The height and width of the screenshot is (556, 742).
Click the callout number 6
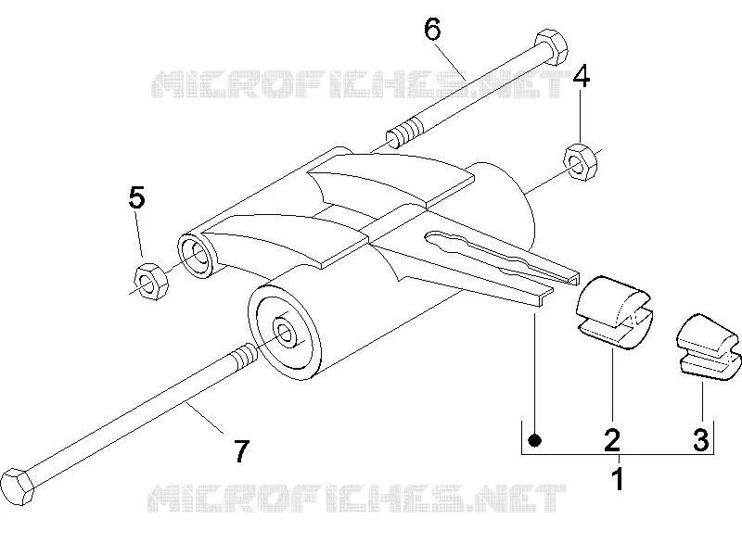432,30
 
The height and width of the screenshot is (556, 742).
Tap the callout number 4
582,77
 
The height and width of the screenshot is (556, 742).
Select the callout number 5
136,197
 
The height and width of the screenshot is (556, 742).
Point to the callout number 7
241,451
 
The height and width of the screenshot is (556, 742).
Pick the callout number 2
612,439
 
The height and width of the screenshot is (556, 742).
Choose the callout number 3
701,439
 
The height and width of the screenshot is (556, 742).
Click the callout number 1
619,479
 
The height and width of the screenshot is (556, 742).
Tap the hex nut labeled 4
581,161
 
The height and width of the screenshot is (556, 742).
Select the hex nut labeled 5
151,282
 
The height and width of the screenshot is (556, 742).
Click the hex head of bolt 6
550,48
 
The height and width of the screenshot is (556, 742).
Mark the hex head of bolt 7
18,486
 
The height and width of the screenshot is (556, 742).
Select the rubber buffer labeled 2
612,312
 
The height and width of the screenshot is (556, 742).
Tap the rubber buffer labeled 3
707,346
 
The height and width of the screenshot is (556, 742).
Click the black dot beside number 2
535,441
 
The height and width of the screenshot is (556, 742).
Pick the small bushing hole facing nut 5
198,254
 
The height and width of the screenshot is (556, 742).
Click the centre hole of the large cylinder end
284,334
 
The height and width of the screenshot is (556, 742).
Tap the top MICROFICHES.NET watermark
360,84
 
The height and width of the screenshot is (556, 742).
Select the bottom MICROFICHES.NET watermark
357,498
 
